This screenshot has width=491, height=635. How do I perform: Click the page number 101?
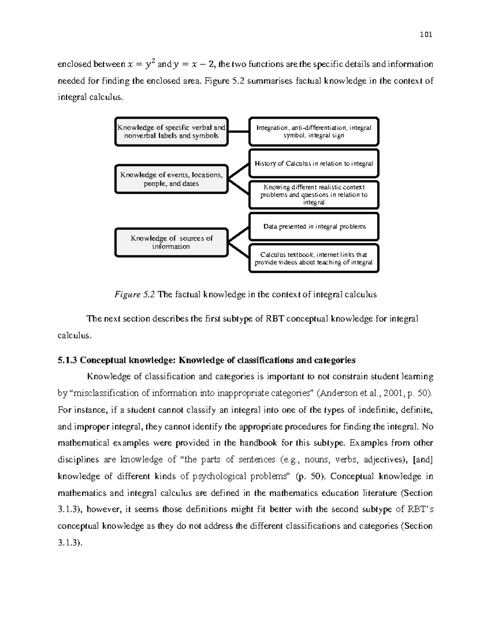coord(426,35)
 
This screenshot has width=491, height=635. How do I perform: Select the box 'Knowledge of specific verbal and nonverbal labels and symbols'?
coord(171,132)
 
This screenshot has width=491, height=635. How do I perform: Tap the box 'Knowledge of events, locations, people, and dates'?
coord(171,179)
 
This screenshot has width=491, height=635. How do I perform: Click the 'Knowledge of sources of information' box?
coord(171,242)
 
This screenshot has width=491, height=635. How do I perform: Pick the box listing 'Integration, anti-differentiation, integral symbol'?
coord(314,132)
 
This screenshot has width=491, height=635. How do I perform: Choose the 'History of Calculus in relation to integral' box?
coord(314,164)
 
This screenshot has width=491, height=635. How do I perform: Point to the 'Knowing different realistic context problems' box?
coord(314,195)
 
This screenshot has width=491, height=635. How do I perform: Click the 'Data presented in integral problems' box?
coord(314,227)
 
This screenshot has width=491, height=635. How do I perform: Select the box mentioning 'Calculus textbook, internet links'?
coord(314,258)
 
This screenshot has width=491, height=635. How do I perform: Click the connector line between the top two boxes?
coord(239,132)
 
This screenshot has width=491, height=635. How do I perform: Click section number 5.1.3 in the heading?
coord(68,360)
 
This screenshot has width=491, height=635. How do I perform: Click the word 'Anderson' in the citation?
coord(339,393)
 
